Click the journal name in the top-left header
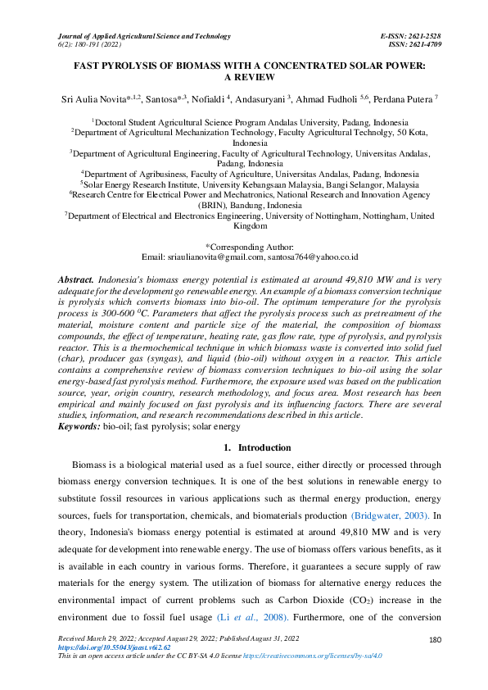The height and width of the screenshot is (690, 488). pyautogui.click(x=143, y=37)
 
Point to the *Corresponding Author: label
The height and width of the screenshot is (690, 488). pyautogui.click(x=244, y=246)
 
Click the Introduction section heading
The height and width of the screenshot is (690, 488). pyautogui.click(x=257, y=447)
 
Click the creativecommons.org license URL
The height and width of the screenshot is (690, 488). pyautogui.click(x=312, y=656)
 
